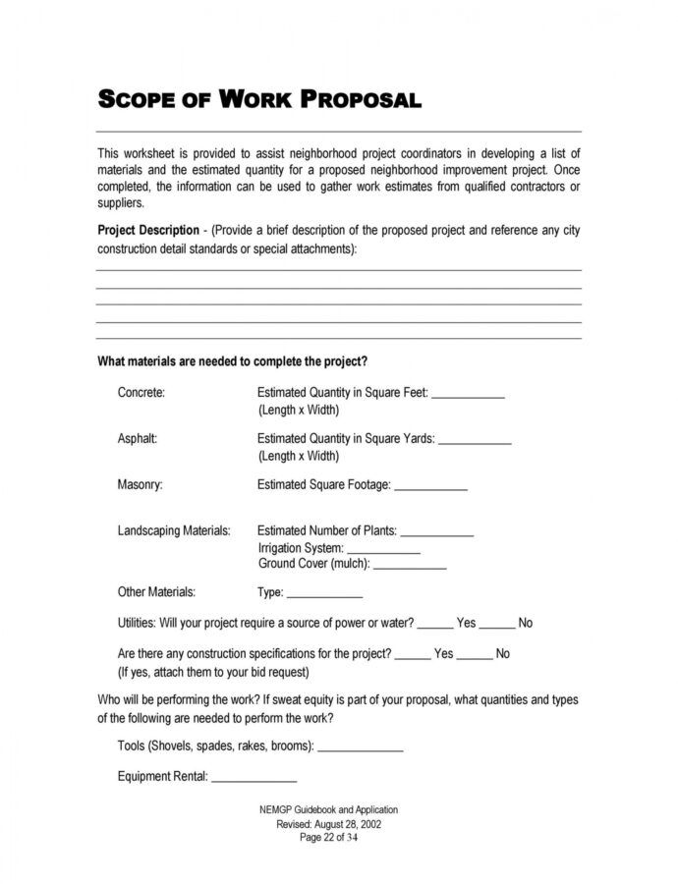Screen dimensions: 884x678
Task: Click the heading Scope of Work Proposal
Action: (259, 99)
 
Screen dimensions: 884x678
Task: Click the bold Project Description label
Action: (147, 231)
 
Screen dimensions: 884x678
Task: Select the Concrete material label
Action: (141, 393)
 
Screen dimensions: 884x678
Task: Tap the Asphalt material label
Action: (138, 439)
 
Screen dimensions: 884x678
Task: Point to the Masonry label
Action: (141, 484)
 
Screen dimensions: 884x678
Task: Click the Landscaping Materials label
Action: (174, 530)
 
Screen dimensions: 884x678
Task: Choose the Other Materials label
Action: (156, 592)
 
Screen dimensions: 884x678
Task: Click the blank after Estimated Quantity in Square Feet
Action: (468, 396)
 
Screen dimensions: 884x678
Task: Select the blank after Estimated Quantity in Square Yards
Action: (474, 442)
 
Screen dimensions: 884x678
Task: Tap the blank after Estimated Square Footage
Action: (430, 487)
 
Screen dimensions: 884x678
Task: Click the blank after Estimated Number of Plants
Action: (436, 533)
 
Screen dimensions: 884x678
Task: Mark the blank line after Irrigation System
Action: (383, 550)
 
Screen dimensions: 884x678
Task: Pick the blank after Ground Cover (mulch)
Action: (410, 567)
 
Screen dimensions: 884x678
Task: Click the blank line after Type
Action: (325, 595)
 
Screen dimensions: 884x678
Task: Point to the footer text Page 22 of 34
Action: (329, 838)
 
